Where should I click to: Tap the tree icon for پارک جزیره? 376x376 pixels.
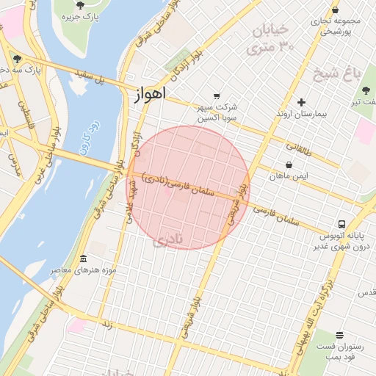pos(80,5)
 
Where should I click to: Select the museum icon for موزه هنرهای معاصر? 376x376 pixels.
pos(82,259)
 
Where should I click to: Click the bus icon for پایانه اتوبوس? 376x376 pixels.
pos(341,224)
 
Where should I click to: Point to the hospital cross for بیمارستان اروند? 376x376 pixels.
pos(301,102)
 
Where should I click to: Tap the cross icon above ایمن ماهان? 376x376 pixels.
pos(289,164)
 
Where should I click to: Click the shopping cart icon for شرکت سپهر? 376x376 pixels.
pos(216,95)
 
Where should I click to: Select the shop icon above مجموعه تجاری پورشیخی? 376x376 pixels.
pos(336,10)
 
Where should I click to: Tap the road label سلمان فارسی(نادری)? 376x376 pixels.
pos(179,187)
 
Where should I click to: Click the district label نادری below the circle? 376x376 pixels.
pos(169,238)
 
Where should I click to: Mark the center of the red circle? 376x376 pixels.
pos(188,187)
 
